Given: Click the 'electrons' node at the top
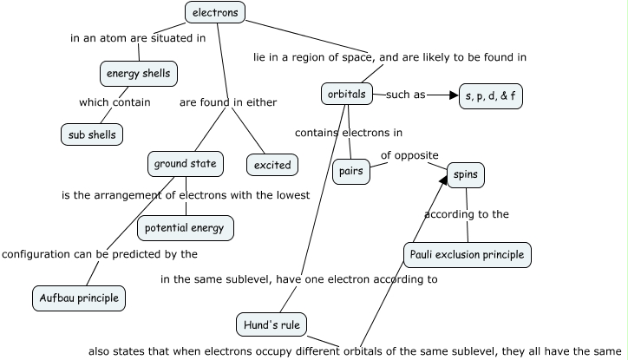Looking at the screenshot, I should [215, 12].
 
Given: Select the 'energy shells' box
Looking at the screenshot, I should [139, 74].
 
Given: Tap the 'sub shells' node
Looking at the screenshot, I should [91, 134].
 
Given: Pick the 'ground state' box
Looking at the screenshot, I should [185, 163].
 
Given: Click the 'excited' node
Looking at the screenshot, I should [272, 164].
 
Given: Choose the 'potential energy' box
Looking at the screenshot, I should [185, 228].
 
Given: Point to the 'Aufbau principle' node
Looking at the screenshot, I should [79, 298].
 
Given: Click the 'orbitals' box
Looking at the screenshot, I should [347, 94].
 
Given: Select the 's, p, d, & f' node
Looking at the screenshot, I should [490, 95].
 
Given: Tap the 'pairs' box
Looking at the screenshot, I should [350, 171].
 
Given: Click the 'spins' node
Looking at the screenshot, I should [466, 175].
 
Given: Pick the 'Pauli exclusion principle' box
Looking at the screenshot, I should [468, 255].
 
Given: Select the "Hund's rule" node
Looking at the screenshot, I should [271, 325].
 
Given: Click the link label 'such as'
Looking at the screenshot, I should [405, 95].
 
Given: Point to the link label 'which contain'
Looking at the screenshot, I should [114, 102].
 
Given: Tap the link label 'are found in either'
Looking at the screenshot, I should [228, 102].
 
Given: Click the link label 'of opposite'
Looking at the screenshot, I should [409, 155].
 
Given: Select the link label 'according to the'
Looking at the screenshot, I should [467, 214].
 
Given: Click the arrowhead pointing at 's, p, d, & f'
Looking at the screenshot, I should [452, 95].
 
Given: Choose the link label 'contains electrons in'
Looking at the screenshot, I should [349, 133].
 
